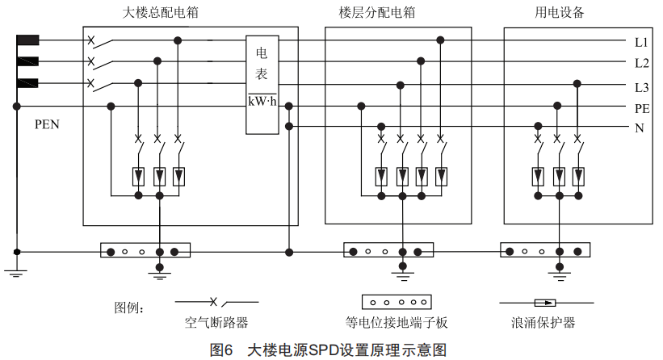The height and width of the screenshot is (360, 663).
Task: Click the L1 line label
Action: pos(642,41)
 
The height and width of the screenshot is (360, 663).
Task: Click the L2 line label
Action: pos(642,62)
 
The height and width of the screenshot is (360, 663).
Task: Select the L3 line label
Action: pos(642,87)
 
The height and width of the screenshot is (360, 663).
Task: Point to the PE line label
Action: pos(642,108)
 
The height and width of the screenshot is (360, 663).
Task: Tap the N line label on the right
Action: pos(639,128)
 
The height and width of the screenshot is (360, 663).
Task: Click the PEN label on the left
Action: pos(48,125)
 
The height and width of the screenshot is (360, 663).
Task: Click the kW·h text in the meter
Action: pos(263,100)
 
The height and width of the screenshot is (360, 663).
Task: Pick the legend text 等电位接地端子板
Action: pos(397,323)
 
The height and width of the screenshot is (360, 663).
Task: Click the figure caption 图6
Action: pos(221,350)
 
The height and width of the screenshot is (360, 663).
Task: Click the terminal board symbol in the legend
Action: pos(396,302)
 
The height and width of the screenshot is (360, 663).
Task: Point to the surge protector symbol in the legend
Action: pos(548,303)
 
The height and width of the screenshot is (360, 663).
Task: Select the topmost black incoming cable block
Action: pos(27,40)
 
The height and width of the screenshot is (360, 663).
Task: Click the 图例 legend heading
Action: pos(129,308)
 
